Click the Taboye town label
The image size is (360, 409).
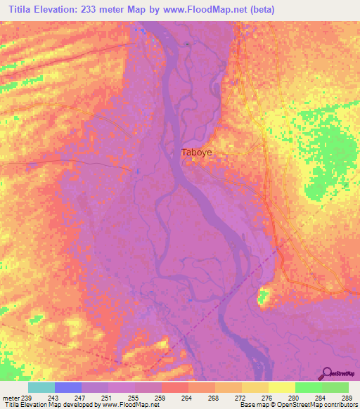(196, 152)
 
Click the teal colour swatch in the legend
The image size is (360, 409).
(41, 387)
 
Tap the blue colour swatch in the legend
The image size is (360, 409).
(67, 387)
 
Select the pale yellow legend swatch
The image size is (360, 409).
(281, 387)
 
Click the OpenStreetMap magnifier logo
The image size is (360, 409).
(328, 374)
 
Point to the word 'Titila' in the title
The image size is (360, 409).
(16, 10)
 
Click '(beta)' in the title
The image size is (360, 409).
(260, 10)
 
